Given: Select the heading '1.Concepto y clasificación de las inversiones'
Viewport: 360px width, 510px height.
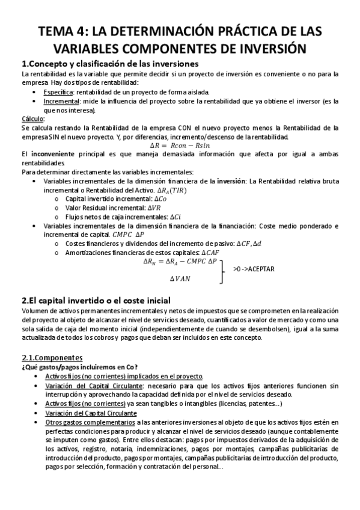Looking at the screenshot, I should tap(110, 64).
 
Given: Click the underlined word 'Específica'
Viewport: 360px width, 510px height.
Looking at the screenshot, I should tap(59, 91).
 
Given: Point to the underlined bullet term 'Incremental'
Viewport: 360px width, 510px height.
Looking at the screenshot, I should tap(62, 101).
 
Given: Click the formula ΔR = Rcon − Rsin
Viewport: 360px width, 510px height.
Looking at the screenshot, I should tap(180, 146).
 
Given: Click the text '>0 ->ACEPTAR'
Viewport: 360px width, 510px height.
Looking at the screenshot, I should tap(253, 269).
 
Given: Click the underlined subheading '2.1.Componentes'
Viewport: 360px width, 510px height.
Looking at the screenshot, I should tap(52, 356).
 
